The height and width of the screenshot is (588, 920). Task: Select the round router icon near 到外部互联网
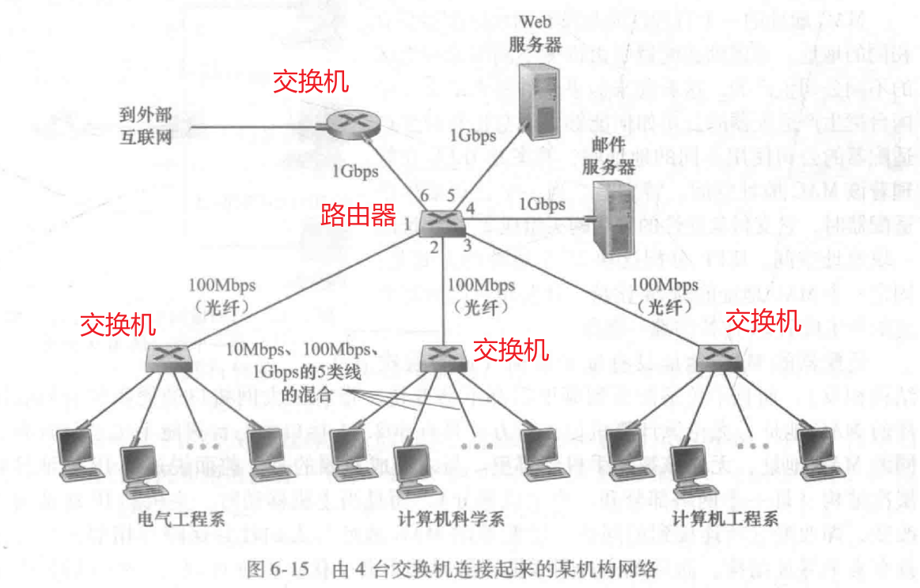(352, 122)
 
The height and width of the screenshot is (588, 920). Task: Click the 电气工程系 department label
(181, 518)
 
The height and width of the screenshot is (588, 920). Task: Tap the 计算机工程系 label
(725, 518)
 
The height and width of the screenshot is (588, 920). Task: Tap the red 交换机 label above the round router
(310, 81)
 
